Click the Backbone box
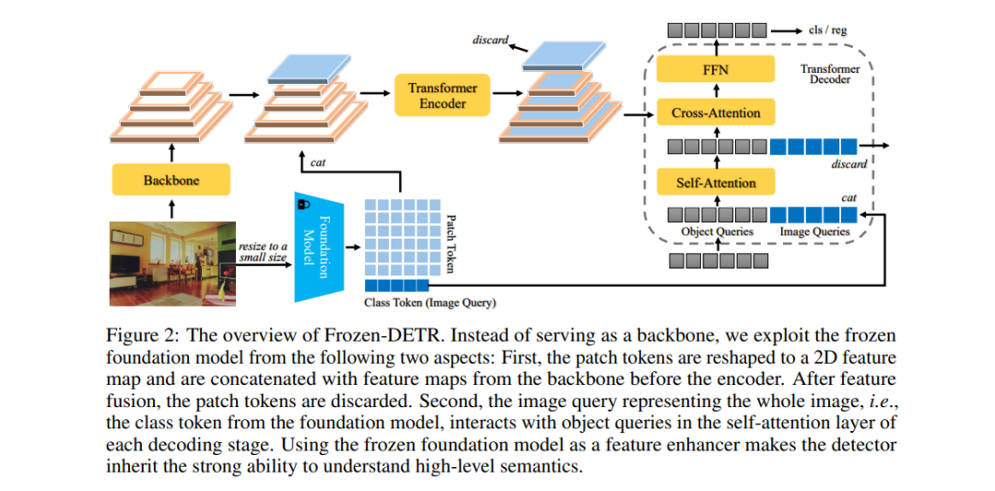click(x=170, y=181)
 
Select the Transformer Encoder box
click(x=441, y=95)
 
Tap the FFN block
click(x=716, y=68)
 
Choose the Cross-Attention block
click(x=716, y=113)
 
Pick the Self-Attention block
click(x=716, y=182)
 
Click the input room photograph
click(x=172, y=263)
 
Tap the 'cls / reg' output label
click(x=827, y=30)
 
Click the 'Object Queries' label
click(x=717, y=231)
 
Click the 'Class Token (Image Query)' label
click(x=429, y=302)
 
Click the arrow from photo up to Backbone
click(x=170, y=209)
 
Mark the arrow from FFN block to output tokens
click(x=716, y=46)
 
